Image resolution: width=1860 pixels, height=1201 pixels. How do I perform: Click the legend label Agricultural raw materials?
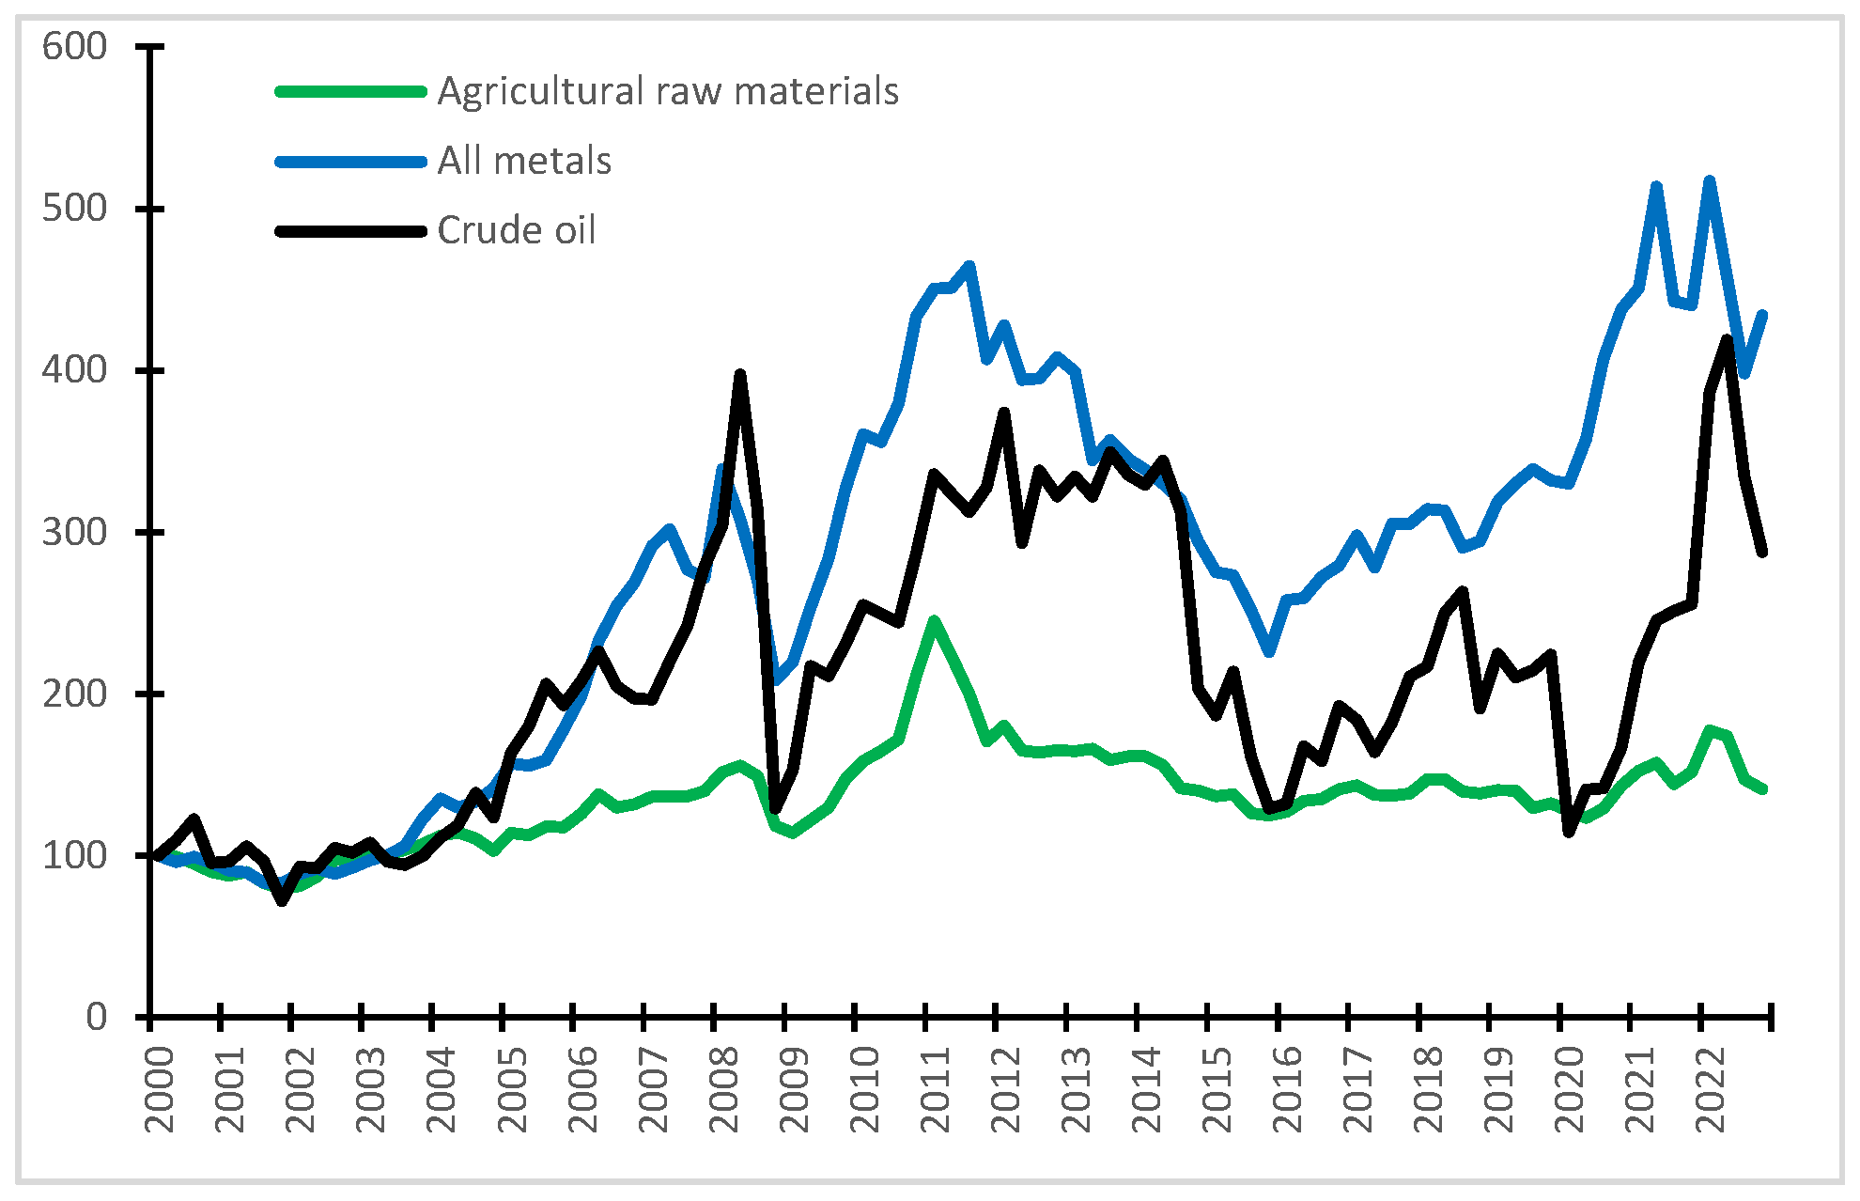(x=668, y=92)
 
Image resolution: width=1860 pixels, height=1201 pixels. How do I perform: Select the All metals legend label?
(x=524, y=162)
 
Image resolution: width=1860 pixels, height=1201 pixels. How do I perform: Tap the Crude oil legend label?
(x=517, y=231)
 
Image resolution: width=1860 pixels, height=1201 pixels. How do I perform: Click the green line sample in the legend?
(x=351, y=92)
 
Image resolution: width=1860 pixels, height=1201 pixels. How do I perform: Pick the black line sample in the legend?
(x=351, y=231)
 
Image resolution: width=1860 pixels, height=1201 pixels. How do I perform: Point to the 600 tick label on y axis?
(x=75, y=46)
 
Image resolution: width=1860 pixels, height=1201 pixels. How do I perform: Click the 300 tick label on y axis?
(x=75, y=532)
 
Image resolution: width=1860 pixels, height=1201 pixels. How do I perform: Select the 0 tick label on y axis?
(x=97, y=1018)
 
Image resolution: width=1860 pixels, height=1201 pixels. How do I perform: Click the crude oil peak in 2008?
(x=740, y=374)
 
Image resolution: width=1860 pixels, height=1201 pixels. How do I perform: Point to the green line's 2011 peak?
(x=934, y=620)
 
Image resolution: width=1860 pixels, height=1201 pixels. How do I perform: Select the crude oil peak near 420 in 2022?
(x=1728, y=338)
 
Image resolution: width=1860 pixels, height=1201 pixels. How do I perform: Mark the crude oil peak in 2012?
(x=1004, y=412)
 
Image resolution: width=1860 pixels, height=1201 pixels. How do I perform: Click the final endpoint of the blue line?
(x=1763, y=315)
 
